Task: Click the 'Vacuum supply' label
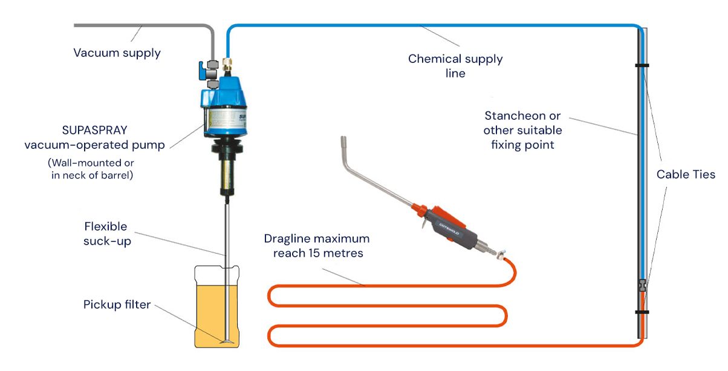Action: point(117,53)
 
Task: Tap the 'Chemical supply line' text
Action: point(455,66)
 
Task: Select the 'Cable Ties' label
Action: point(686,174)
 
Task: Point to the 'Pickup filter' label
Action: point(117,304)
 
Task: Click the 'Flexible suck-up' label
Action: point(106,234)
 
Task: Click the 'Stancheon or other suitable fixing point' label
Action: point(523,130)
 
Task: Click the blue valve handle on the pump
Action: point(200,71)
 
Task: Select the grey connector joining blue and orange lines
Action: point(642,283)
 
